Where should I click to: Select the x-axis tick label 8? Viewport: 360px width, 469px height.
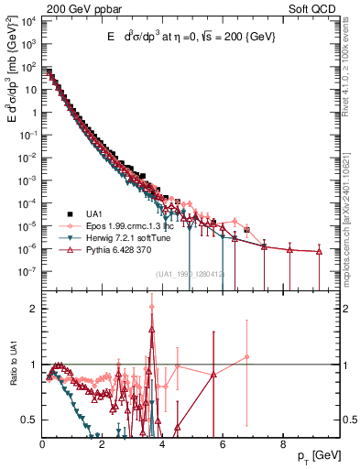click(x=281, y=443)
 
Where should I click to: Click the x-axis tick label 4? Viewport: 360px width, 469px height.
click(x=162, y=443)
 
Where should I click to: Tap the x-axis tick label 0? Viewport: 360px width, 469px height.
click(x=43, y=443)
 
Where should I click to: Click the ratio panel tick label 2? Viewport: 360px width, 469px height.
click(x=34, y=309)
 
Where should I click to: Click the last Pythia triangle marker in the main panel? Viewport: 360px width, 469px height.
click(x=319, y=251)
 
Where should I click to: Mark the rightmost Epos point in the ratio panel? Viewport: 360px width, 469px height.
click(x=246, y=357)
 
